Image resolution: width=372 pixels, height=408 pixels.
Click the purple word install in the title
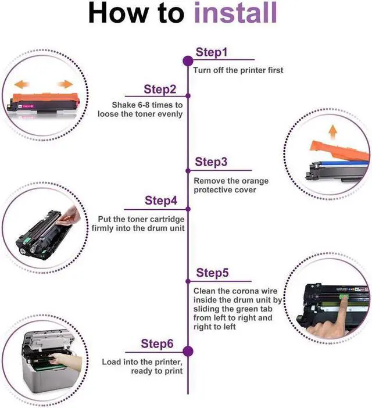[x=235, y=13]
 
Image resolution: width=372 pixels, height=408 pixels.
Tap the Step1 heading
[x=212, y=52]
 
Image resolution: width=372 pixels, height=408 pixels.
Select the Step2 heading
[x=160, y=90]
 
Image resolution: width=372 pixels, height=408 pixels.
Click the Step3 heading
[x=211, y=162]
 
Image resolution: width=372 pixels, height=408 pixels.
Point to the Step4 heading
[x=161, y=201]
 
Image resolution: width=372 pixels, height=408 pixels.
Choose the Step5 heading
[x=212, y=273]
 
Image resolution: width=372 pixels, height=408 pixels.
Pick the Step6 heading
[x=157, y=343]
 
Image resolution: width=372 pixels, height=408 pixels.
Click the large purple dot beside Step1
[x=188, y=61]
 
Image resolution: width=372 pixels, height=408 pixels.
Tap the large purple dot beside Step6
[x=188, y=351]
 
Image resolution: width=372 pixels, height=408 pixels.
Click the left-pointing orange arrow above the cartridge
[x=22, y=84]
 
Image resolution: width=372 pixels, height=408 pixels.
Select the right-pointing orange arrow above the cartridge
[x=65, y=84]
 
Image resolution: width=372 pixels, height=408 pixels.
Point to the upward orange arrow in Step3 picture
[x=332, y=132]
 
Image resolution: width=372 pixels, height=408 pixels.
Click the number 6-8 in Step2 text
[x=144, y=105]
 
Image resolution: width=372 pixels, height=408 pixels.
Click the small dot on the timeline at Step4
[x=188, y=209]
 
